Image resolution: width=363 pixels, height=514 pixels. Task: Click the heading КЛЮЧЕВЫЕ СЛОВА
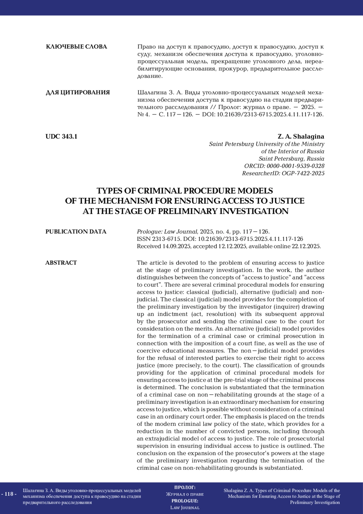(x=76, y=47)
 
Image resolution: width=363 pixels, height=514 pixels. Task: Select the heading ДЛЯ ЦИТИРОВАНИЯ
(x=77, y=92)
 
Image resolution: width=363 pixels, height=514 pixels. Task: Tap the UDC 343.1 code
(x=61, y=136)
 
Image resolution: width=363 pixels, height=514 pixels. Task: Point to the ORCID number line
(x=284, y=166)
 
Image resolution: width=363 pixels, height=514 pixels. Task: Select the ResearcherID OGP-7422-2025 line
(x=283, y=173)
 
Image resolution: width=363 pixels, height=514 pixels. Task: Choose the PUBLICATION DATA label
(x=76, y=232)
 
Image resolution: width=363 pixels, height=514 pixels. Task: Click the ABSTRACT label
(x=61, y=263)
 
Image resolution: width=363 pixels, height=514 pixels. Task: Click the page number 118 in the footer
(x=9, y=494)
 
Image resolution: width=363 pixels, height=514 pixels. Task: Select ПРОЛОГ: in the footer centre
(x=185, y=487)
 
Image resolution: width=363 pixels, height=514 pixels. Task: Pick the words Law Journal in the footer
(x=185, y=508)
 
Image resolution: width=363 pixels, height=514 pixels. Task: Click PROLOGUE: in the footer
(x=185, y=501)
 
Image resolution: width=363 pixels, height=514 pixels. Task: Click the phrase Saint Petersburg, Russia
(x=291, y=159)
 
